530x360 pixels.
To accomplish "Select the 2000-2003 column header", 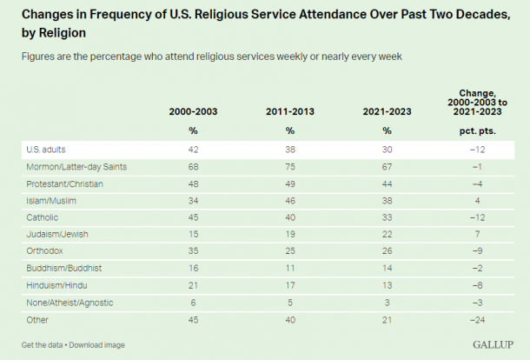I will pyautogui.click(x=194, y=112).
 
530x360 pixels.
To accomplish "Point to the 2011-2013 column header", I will pyautogui.click(x=290, y=112).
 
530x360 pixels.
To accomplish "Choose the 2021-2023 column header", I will pyautogui.click(x=387, y=112).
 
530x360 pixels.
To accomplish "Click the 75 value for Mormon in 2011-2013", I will pyautogui.click(x=290, y=166).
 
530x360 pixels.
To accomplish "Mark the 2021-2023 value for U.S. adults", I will pyautogui.click(x=387, y=150).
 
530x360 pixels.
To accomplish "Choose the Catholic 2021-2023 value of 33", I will pyautogui.click(x=387, y=216).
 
